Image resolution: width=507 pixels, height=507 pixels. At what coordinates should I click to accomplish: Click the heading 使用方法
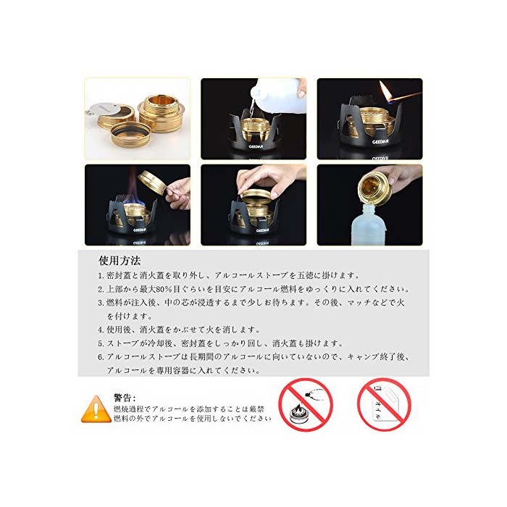coord(120,260)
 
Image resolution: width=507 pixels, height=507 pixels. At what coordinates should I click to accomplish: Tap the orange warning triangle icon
coord(96,410)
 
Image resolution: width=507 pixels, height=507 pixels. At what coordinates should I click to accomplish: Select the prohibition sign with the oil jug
coord(384,404)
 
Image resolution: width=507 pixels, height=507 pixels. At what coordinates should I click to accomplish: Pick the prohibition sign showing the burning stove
coord(306,404)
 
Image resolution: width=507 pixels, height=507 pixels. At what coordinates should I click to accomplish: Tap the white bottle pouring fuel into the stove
coord(278,96)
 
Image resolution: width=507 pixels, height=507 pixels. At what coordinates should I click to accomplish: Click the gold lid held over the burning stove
coord(152,183)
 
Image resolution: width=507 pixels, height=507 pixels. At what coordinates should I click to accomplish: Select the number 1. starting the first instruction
coord(101,276)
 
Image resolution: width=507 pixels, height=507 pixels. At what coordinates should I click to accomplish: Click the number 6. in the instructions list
coord(101,357)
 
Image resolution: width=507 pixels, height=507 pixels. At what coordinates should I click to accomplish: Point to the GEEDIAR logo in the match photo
coord(380,142)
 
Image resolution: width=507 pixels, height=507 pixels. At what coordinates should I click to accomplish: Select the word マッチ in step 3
coord(360,303)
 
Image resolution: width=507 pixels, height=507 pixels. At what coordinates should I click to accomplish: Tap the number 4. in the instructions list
coord(101,330)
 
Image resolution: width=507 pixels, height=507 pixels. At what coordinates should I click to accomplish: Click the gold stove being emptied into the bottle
coord(375,188)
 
